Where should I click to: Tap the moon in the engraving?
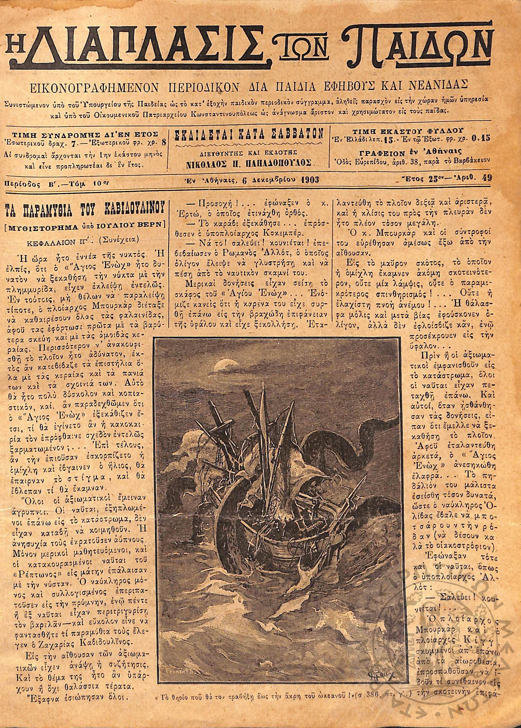[x=221, y=364]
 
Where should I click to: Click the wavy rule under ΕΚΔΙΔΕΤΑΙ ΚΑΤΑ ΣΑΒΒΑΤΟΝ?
[x=249, y=145]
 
